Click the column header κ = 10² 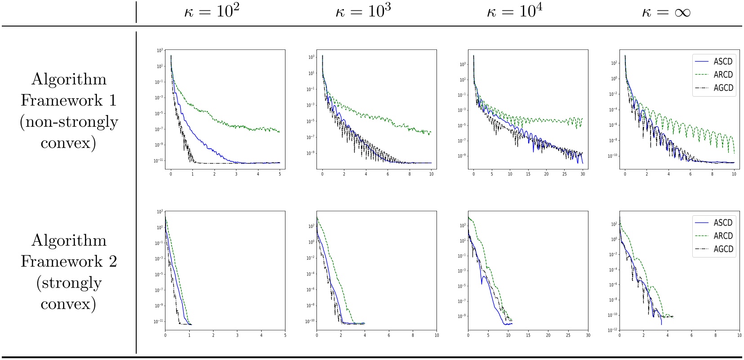212,12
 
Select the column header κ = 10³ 363,12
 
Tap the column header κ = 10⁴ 515,12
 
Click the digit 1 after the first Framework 112,100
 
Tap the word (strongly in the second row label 69,283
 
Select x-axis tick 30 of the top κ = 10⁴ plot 583,174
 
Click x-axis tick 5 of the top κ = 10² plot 280,174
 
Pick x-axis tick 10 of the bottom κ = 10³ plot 437,335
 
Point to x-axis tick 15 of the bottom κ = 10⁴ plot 528,335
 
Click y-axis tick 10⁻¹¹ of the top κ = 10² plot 158,161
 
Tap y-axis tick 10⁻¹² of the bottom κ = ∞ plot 613,330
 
